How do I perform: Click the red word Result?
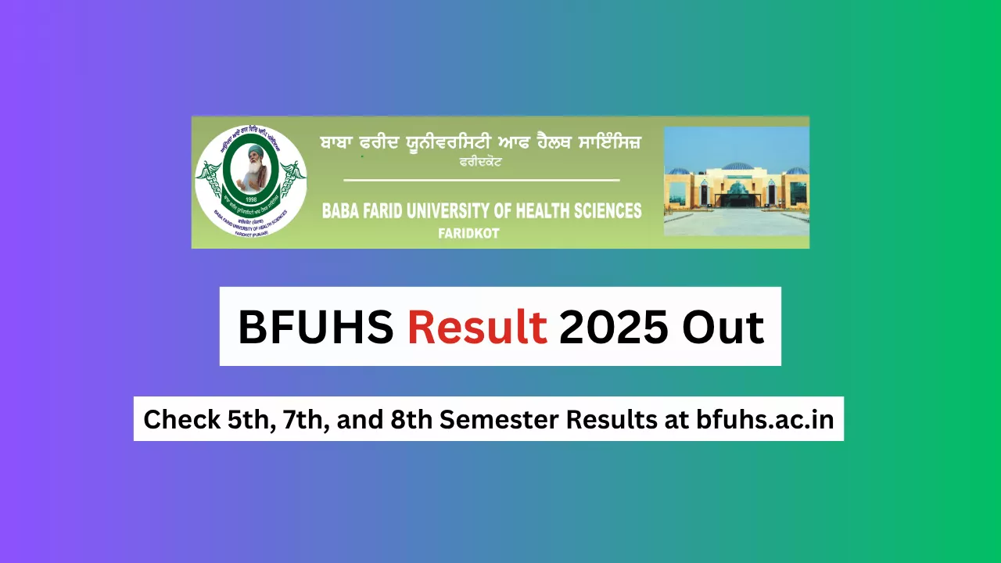click(476, 327)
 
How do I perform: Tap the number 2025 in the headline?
click(613, 327)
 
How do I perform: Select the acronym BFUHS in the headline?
click(315, 327)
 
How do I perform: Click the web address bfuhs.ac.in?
click(765, 420)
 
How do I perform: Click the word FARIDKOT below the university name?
click(469, 234)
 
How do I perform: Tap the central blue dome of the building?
click(736, 167)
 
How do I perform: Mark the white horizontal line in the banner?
click(481, 181)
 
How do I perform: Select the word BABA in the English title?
click(339, 211)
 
